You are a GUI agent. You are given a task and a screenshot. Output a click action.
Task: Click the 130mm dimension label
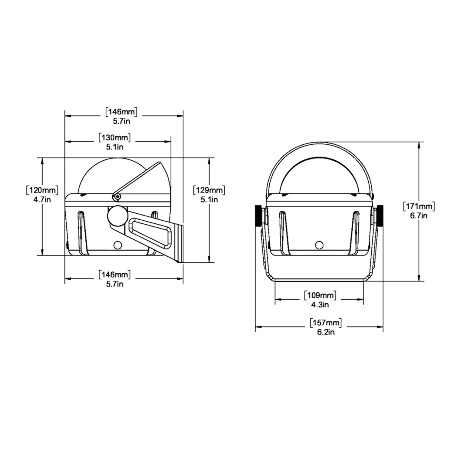pos(115,138)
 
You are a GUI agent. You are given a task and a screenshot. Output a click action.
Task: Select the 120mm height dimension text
pos(42,190)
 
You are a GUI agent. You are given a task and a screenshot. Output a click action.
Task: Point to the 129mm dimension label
pos(209,190)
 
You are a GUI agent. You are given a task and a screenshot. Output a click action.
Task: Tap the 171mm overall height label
pos(419,206)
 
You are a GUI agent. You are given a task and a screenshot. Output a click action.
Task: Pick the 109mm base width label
pos(320,295)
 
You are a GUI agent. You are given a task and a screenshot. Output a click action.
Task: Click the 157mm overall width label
pos(326,323)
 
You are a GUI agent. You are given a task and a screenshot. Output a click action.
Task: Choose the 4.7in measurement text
pos(42,200)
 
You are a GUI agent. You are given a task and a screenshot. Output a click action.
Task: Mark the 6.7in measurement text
pos(419,216)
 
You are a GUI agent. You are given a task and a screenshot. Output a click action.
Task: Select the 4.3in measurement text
pos(320,304)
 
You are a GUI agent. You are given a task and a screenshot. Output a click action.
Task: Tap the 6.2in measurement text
pos(326,332)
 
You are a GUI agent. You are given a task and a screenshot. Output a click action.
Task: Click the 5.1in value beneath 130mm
pos(115,147)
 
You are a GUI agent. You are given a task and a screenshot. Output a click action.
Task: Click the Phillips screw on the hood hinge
pos(117,196)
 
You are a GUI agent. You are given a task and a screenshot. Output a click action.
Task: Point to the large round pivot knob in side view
pos(117,216)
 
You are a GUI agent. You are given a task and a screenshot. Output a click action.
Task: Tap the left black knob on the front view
pos(258,216)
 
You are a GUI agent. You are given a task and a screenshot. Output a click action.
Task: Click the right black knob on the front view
pos(380,216)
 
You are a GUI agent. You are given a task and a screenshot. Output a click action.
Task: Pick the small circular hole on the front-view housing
pos(319,245)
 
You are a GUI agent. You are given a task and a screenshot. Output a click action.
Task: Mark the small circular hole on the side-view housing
pos(117,245)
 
